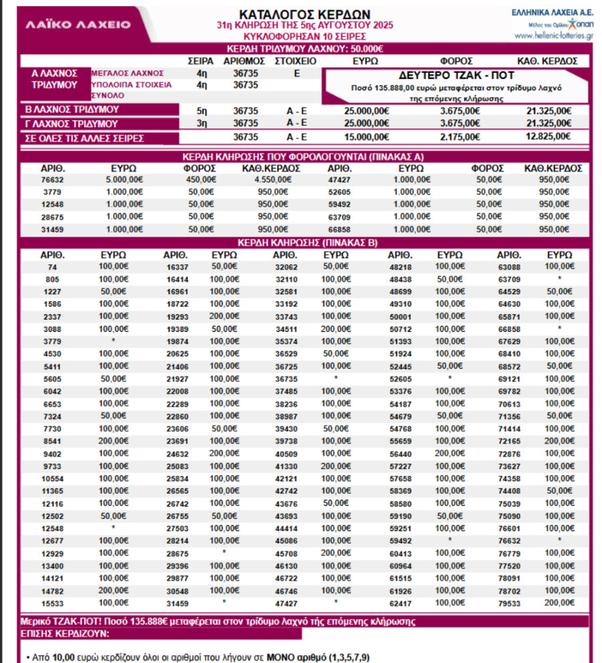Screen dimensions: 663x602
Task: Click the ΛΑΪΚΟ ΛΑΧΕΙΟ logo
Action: coord(78,24)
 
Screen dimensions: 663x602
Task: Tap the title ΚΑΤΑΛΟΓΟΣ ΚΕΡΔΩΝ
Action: coord(304,14)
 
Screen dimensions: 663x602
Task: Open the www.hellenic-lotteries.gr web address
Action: coord(554,35)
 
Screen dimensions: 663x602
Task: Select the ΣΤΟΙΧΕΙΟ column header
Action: coord(296,61)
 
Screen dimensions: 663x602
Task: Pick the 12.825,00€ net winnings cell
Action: coord(549,136)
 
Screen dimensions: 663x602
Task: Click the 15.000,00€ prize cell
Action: coord(365,136)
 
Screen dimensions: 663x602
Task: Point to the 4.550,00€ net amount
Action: coord(266,179)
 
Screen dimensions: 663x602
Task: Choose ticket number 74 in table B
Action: coord(53,266)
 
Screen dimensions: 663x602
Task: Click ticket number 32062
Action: coord(286,266)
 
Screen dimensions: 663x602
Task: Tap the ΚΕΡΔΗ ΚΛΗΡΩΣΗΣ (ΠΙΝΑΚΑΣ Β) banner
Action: coord(304,242)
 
